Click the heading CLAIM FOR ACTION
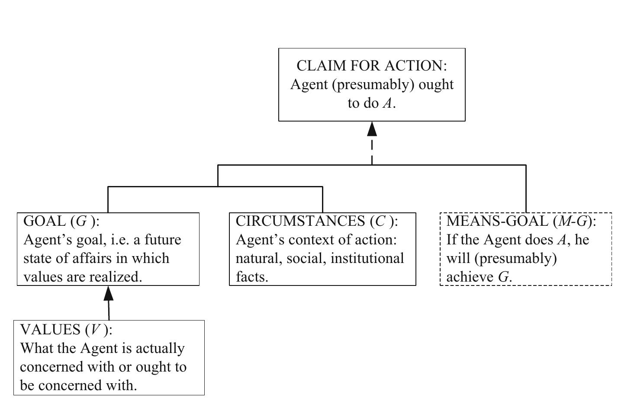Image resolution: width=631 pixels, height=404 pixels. coord(371,66)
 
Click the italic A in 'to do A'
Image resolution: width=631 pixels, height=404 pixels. coord(387,103)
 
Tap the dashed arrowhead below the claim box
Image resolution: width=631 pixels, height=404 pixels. coord(372,129)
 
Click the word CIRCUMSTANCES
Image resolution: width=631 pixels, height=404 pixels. coord(300,221)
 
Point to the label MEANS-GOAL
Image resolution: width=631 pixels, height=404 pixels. coord(497,221)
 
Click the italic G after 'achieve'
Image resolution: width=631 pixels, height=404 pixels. coord(503,277)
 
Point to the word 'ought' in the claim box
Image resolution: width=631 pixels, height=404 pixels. coord(436,84)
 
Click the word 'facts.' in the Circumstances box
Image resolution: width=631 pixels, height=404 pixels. coord(252,277)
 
